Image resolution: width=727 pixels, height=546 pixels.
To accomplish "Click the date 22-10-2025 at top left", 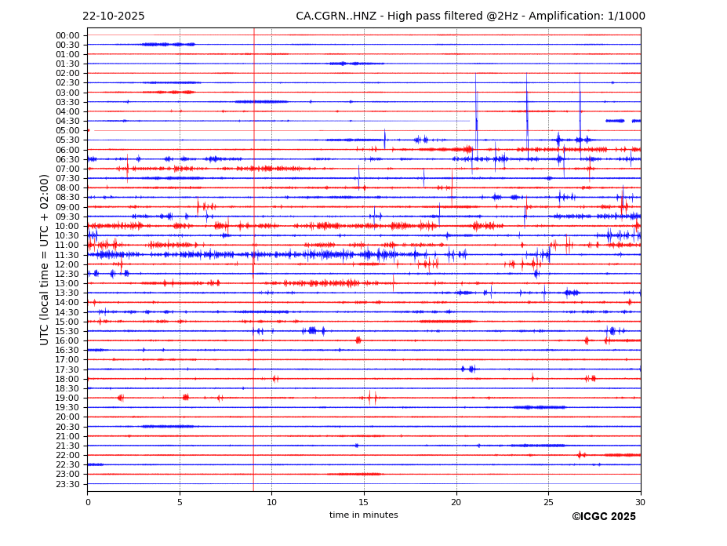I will pyautogui.click(x=113, y=16).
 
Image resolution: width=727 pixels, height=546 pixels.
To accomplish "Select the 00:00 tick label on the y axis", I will pyautogui.click(x=67, y=35).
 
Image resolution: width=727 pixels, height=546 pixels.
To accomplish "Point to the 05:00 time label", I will pyautogui.click(x=67, y=130).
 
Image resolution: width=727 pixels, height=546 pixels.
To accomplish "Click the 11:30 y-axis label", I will pyautogui.click(x=67, y=255).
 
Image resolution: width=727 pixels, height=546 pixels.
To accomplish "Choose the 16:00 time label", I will pyautogui.click(x=67, y=340).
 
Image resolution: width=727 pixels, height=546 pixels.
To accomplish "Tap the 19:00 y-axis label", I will pyautogui.click(x=67, y=398).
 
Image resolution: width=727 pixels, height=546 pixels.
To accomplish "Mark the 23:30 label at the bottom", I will pyautogui.click(x=67, y=484).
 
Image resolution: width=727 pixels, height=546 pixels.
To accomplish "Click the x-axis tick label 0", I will pyautogui.click(x=88, y=502).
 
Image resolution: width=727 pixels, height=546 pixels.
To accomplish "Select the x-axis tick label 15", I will pyautogui.click(x=364, y=502).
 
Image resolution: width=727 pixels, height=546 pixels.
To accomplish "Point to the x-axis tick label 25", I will pyautogui.click(x=548, y=502).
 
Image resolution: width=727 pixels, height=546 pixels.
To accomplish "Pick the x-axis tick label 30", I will pyautogui.click(x=641, y=502).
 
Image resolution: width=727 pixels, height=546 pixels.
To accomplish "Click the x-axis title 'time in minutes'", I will pyautogui.click(x=363, y=515).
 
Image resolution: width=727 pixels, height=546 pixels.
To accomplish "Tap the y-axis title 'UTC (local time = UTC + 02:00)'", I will pyautogui.click(x=45, y=259).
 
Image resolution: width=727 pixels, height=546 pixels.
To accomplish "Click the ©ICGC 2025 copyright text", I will pyautogui.click(x=603, y=516).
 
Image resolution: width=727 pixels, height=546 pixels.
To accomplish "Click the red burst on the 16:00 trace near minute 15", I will pyautogui.click(x=358, y=340).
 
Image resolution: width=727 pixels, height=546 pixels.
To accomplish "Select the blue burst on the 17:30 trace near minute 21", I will pyautogui.click(x=468, y=369).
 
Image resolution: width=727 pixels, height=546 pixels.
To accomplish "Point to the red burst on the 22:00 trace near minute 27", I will pyautogui.click(x=581, y=455).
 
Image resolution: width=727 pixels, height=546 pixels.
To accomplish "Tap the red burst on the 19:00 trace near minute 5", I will pyautogui.click(x=185, y=398).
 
